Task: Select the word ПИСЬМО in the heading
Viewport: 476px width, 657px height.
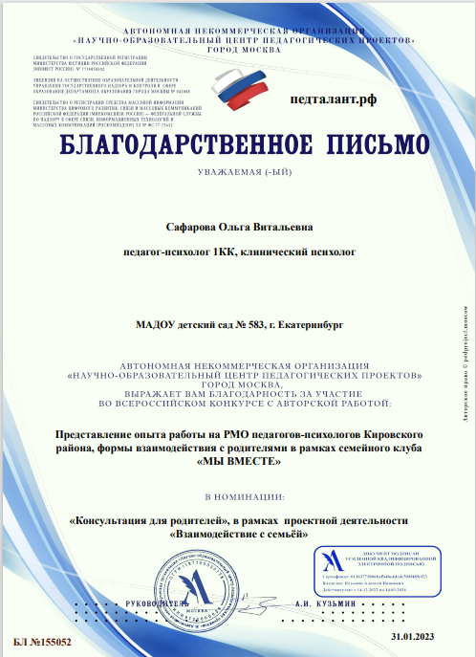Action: (x=361, y=144)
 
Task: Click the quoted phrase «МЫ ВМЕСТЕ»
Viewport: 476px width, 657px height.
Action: (x=238, y=462)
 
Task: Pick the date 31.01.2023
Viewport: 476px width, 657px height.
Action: (x=412, y=634)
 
